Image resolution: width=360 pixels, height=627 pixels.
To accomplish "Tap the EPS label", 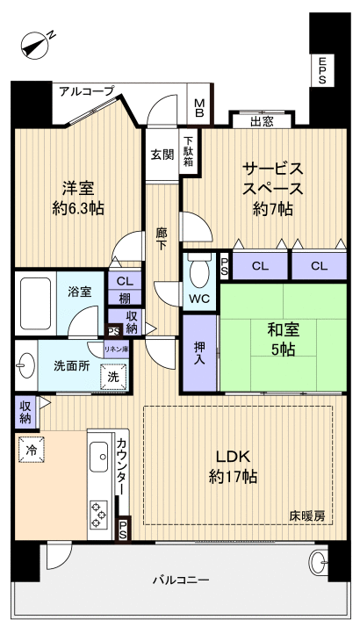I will (323, 70).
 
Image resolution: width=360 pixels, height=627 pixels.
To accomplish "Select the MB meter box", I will (199, 108).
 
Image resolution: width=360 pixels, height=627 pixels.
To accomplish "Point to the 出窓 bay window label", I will (262, 122).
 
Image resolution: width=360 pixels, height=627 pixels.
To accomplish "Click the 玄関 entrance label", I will (162, 155).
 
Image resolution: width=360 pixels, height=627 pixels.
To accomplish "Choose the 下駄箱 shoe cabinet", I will (189, 149).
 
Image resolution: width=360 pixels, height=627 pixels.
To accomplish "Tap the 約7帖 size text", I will (273, 209).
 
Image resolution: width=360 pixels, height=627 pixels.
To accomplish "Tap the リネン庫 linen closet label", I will (117, 350).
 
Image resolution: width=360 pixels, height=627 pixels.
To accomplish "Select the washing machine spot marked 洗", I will (114, 377).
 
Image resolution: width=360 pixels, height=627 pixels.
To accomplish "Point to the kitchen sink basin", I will (97, 458).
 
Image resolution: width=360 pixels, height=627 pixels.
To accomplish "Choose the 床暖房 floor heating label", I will (307, 516).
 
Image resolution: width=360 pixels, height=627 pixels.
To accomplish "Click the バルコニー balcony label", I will (180, 580).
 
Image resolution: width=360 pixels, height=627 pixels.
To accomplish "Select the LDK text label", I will (233, 456).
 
